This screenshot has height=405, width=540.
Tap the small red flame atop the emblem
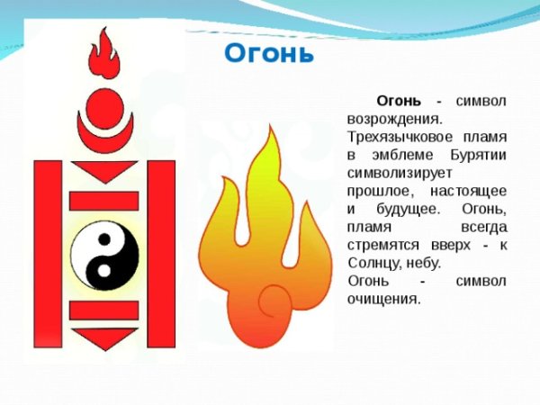click(105, 56)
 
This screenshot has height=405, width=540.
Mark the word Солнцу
click(371, 263)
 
